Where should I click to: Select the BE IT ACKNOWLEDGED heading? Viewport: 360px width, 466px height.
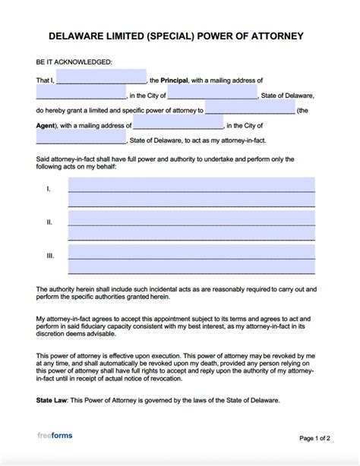click(x=73, y=61)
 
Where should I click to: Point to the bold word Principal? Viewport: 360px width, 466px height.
click(x=178, y=80)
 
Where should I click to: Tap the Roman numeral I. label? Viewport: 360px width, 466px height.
click(x=48, y=187)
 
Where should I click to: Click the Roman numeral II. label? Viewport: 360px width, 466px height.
click(x=49, y=222)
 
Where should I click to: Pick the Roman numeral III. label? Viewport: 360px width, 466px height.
click(x=49, y=256)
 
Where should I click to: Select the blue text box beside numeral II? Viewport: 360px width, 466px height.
click(x=191, y=226)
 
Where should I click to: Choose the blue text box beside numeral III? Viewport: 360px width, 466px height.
click(x=191, y=260)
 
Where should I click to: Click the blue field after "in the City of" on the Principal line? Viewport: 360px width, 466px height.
click(x=212, y=93)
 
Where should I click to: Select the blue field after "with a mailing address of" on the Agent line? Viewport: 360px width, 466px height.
click(x=178, y=123)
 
